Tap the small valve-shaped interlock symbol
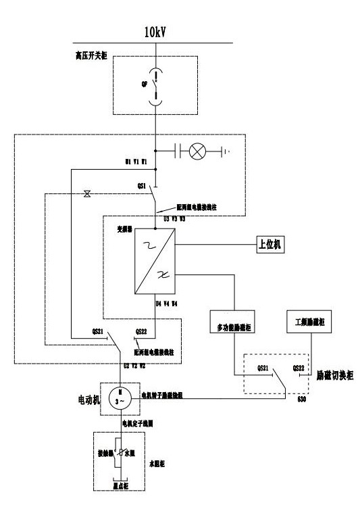pyautogui.click(x=86, y=194)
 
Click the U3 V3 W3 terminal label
pyautogui.click(x=174, y=219)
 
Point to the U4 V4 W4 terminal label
pyautogui.click(x=166, y=304)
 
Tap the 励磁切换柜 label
pyautogui.click(x=335, y=372)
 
